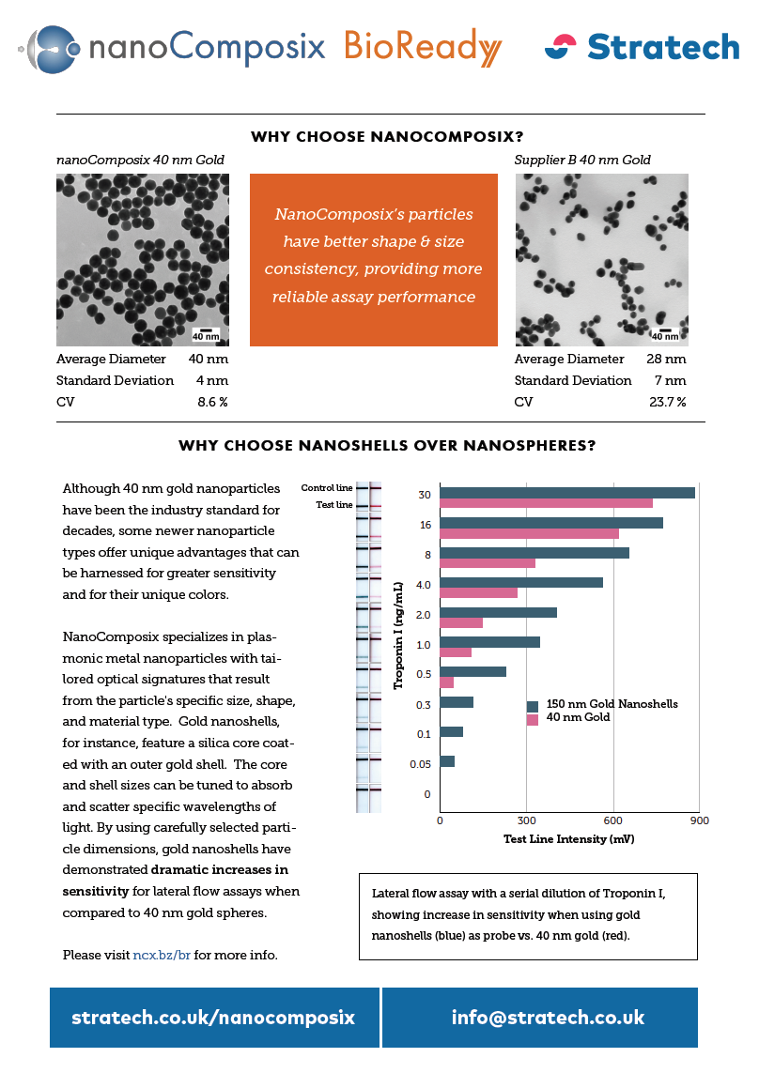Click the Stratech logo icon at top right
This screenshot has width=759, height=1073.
(x=561, y=47)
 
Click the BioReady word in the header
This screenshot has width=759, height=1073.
(x=423, y=47)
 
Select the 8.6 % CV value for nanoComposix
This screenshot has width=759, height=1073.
(x=209, y=402)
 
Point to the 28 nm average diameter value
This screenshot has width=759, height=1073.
(x=666, y=359)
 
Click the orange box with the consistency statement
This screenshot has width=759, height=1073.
(x=373, y=259)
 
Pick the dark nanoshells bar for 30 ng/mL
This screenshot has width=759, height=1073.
(x=567, y=493)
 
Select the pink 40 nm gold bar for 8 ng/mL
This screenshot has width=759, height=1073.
(x=488, y=563)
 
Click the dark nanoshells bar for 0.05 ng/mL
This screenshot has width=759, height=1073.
(x=447, y=761)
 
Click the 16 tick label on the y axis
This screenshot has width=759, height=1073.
(x=426, y=525)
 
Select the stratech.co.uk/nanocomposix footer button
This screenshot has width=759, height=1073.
(x=214, y=1018)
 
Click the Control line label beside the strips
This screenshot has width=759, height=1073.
(x=327, y=488)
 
